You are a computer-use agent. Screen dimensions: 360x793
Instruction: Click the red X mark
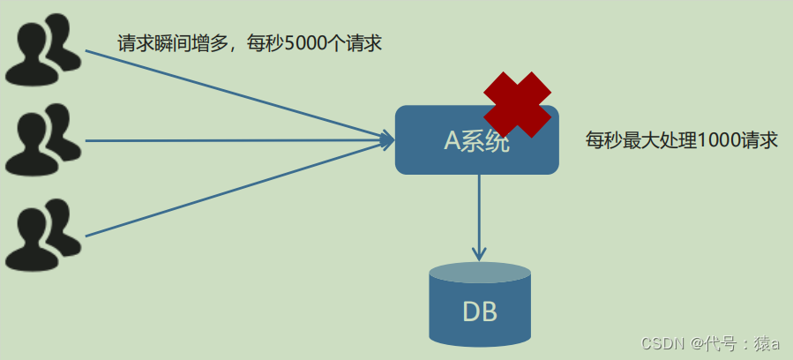tap(517, 104)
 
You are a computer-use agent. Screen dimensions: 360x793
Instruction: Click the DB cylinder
tap(480, 304)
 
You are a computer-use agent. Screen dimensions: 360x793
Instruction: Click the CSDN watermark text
tap(663, 342)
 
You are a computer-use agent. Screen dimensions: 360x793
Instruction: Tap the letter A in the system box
tap(452, 141)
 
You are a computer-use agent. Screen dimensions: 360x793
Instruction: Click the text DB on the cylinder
tap(480, 311)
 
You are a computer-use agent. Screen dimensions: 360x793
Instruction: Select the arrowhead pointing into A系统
tap(386, 139)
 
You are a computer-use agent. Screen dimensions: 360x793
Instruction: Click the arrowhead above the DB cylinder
tap(479, 253)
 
